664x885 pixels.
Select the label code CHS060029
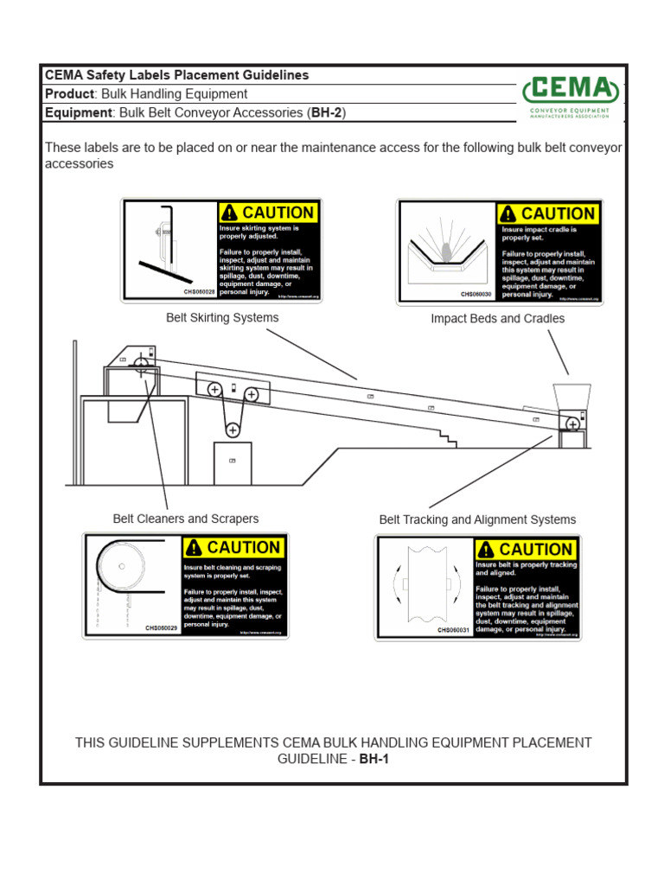coord(161,628)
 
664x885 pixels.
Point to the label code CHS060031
coord(453,630)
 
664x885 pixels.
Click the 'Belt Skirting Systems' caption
coord(222,318)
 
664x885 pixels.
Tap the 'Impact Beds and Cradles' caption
coord(498,319)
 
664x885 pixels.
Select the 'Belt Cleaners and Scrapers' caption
coord(186,519)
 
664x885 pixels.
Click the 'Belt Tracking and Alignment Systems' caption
coord(477,519)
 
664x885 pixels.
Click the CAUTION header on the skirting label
coord(267,213)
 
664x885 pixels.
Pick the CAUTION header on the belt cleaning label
coord(233,547)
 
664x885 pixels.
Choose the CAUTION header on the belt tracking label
coord(524,549)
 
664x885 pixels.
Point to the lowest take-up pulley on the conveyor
coord(232,430)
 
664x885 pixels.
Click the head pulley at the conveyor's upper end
coord(141,364)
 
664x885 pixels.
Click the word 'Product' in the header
coord(69,94)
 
